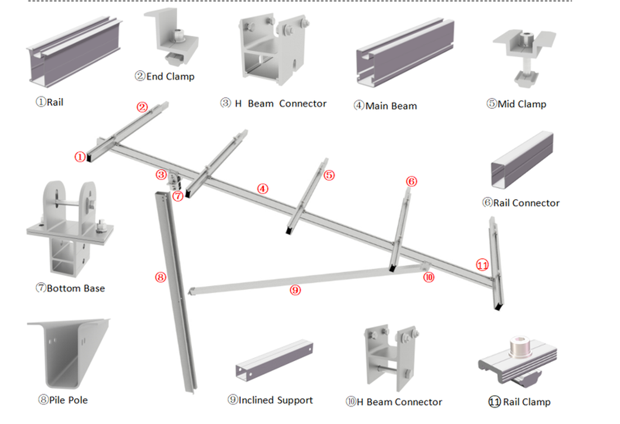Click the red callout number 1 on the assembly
81,158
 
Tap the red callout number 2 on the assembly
143,107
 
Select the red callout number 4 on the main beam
262,189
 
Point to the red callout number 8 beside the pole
161,277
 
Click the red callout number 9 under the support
295,291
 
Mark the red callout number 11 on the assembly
482,265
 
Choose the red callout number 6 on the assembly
411,181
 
